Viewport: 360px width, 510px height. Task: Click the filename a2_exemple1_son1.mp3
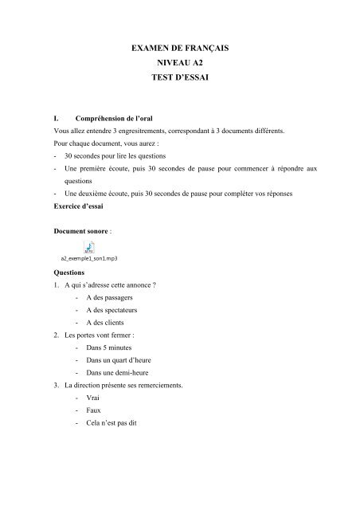coord(89,259)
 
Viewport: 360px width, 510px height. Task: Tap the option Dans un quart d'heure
coord(117,361)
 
